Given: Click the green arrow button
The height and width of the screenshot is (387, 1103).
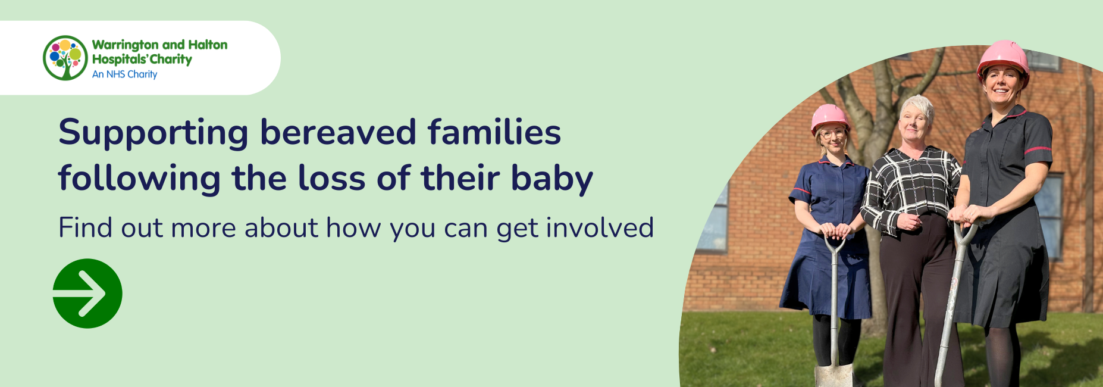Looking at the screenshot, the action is [x=87, y=294].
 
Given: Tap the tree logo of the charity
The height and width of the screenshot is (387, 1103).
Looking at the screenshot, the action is [x=65, y=58].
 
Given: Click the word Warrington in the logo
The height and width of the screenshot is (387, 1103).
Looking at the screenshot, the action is [x=126, y=45].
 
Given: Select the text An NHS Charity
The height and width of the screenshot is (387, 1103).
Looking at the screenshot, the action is [x=125, y=74].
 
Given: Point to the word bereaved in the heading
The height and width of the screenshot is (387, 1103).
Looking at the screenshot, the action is [x=338, y=132].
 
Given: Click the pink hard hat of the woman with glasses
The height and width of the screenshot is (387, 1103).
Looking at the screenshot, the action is [x=829, y=118].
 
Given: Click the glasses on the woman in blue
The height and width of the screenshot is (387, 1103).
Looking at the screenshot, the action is [x=832, y=135].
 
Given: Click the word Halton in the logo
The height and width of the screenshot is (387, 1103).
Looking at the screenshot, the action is [x=208, y=45].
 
